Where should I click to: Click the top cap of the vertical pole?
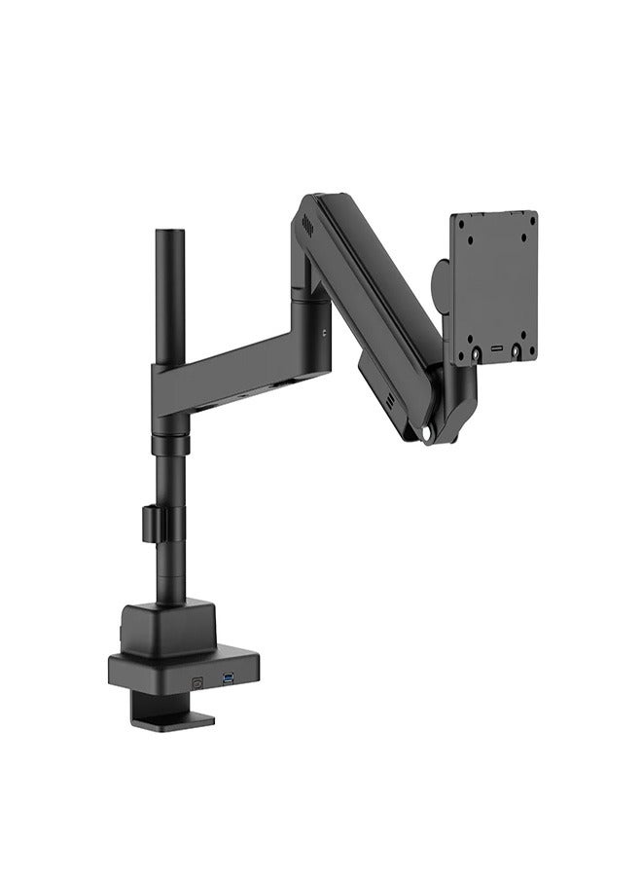pos(168,234)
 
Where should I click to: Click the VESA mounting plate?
pos(494,286)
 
